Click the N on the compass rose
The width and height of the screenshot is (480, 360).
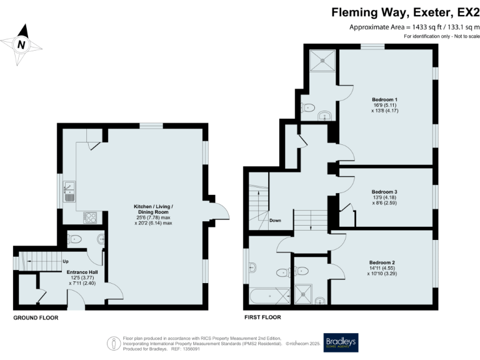pyautogui.click(x=21, y=44)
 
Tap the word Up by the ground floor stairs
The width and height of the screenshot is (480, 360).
pyautogui.click(x=66, y=261)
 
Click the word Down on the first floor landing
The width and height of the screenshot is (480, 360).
pyautogui.click(x=276, y=221)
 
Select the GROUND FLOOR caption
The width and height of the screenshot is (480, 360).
pyautogui.click(x=36, y=318)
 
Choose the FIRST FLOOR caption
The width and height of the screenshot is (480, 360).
pyautogui.click(x=262, y=318)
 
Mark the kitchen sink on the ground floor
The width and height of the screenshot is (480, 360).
pyautogui.click(x=70, y=190)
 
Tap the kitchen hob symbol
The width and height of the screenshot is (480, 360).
pyautogui.click(x=90, y=217)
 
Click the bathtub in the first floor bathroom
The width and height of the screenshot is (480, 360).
pyautogui.click(x=269, y=295)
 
